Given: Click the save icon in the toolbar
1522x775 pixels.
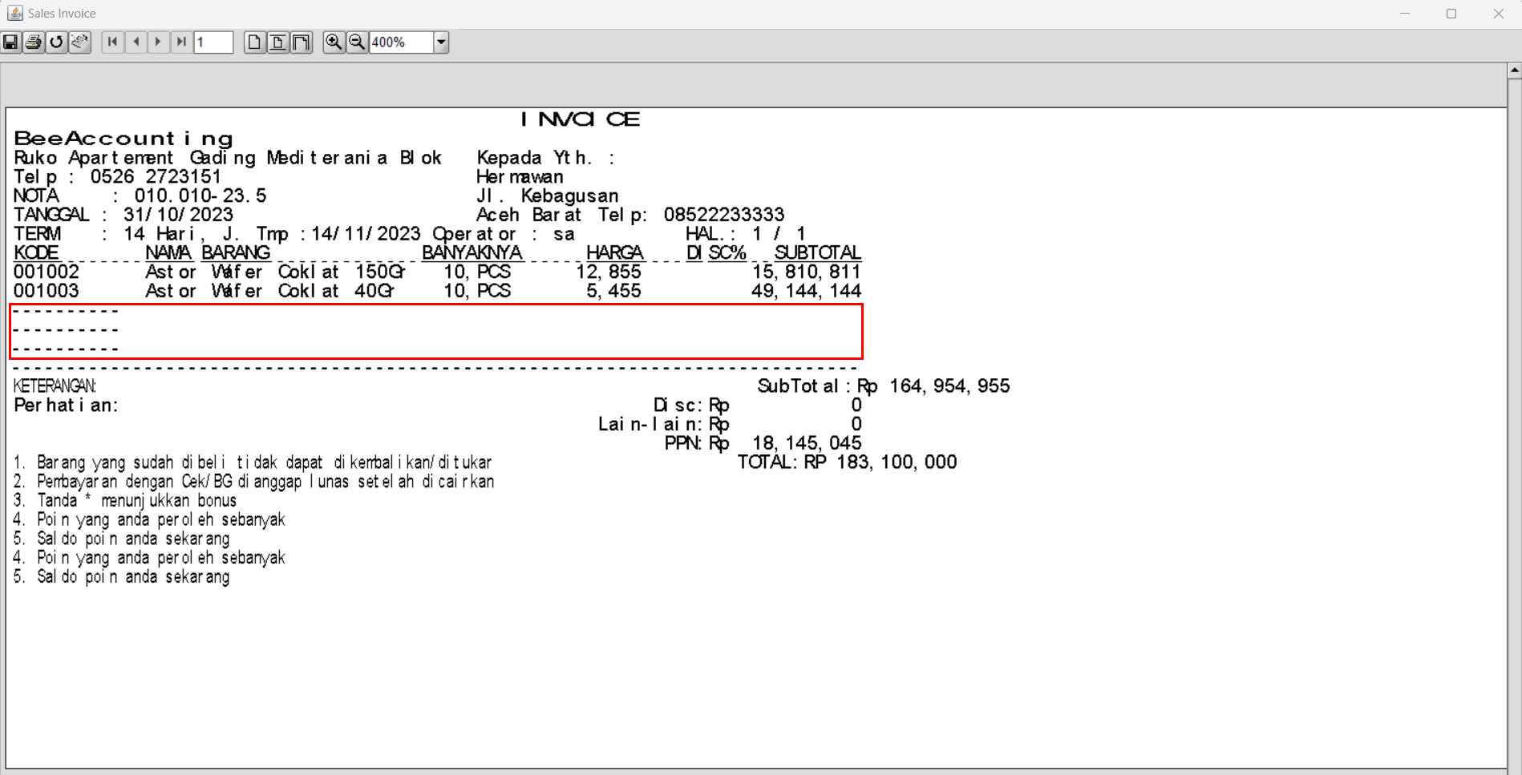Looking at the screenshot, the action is (x=10, y=42).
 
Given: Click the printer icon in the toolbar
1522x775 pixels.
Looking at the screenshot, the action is (x=34, y=42).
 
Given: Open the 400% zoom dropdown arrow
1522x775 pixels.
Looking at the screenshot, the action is (x=441, y=42).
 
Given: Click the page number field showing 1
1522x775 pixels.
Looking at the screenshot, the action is (x=213, y=42).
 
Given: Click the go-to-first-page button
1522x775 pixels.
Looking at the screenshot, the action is (x=112, y=42).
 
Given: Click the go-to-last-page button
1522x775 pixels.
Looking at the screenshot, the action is (x=182, y=42).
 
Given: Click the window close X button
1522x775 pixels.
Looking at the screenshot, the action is (x=1498, y=14).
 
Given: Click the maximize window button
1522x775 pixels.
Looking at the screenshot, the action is (x=1451, y=14).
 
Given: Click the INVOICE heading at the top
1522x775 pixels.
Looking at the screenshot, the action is (x=581, y=119).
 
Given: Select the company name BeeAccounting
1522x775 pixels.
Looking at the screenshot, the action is (x=123, y=139).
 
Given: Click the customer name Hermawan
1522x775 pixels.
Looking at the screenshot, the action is (x=520, y=176).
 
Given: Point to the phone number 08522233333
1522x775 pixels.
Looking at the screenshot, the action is (x=724, y=215).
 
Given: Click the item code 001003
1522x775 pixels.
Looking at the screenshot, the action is (x=47, y=291).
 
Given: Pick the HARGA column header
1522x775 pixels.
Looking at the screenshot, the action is (x=615, y=252).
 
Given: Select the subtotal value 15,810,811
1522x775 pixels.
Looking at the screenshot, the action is (x=807, y=272).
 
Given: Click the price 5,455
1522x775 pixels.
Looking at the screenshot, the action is (x=613, y=291).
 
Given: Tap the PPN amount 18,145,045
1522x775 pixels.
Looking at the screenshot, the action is (x=807, y=443).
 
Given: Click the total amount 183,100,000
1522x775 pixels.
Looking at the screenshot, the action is (x=897, y=462).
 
